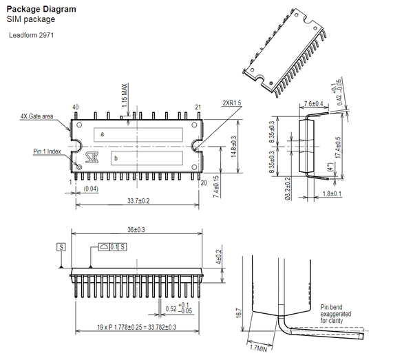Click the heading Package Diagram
[x=41, y=9]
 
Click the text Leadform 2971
[x=32, y=35]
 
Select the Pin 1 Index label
[x=47, y=151]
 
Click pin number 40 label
[x=75, y=107]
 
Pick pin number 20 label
[x=204, y=183]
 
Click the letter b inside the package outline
[x=116, y=159]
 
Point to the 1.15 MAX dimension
[x=125, y=95]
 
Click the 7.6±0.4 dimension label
[x=313, y=104]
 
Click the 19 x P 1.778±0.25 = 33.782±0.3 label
[x=136, y=327]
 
